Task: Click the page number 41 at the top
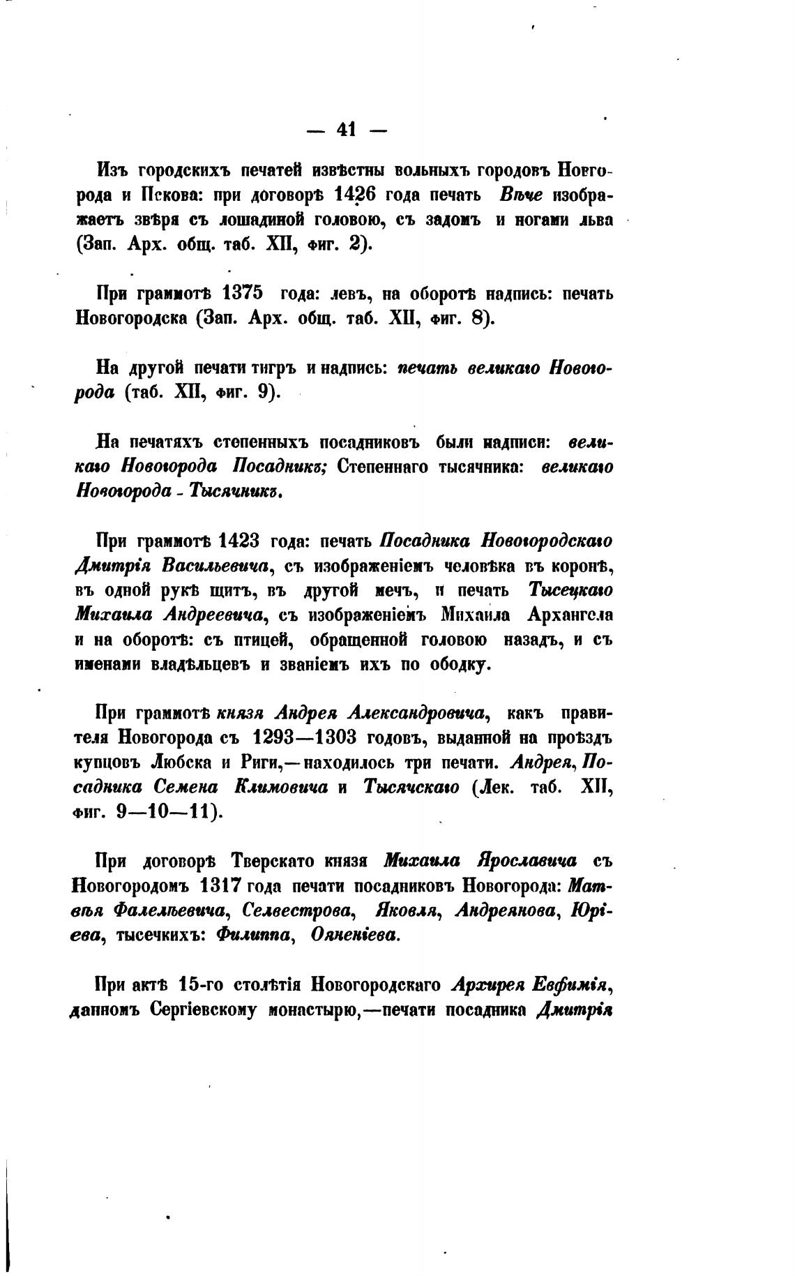tap(346, 129)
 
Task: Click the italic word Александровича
tap(416, 713)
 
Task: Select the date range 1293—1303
tap(303, 737)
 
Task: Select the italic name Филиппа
tap(252, 936)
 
